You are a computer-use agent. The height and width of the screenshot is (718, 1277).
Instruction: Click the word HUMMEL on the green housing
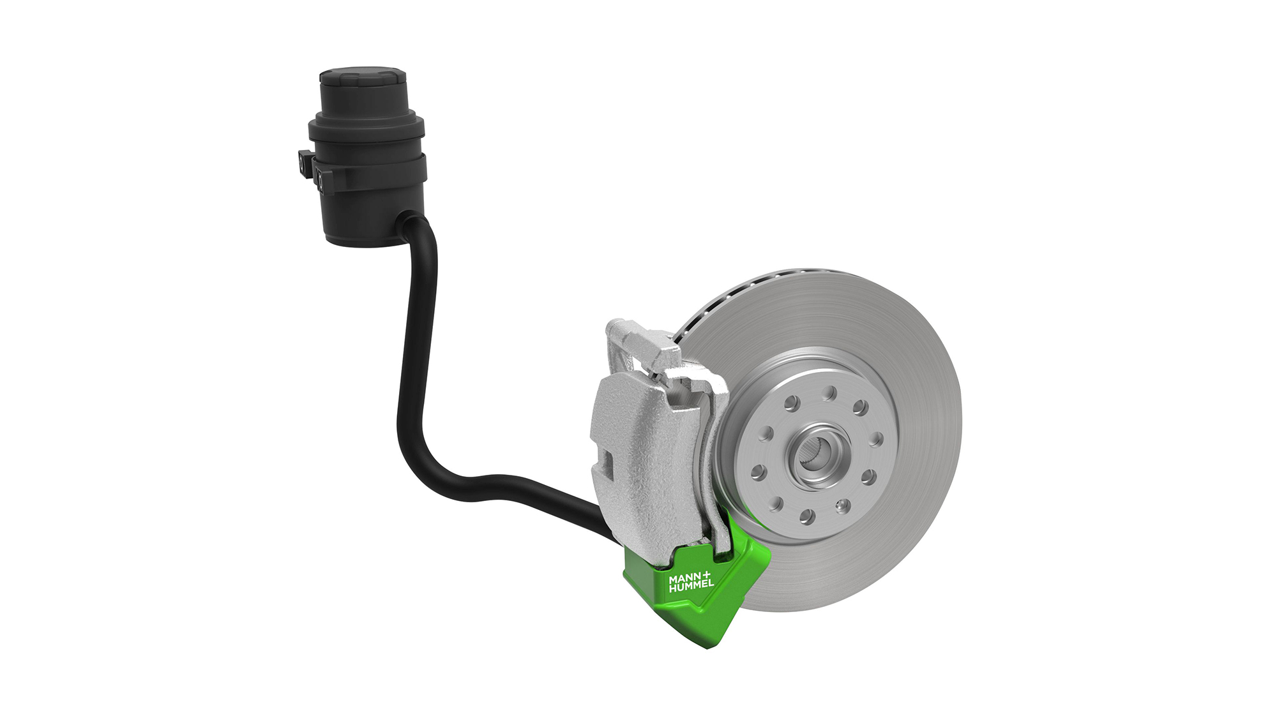[x=690, y=585]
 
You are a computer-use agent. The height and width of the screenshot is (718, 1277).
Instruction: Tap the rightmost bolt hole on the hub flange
[x=877, y=440]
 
